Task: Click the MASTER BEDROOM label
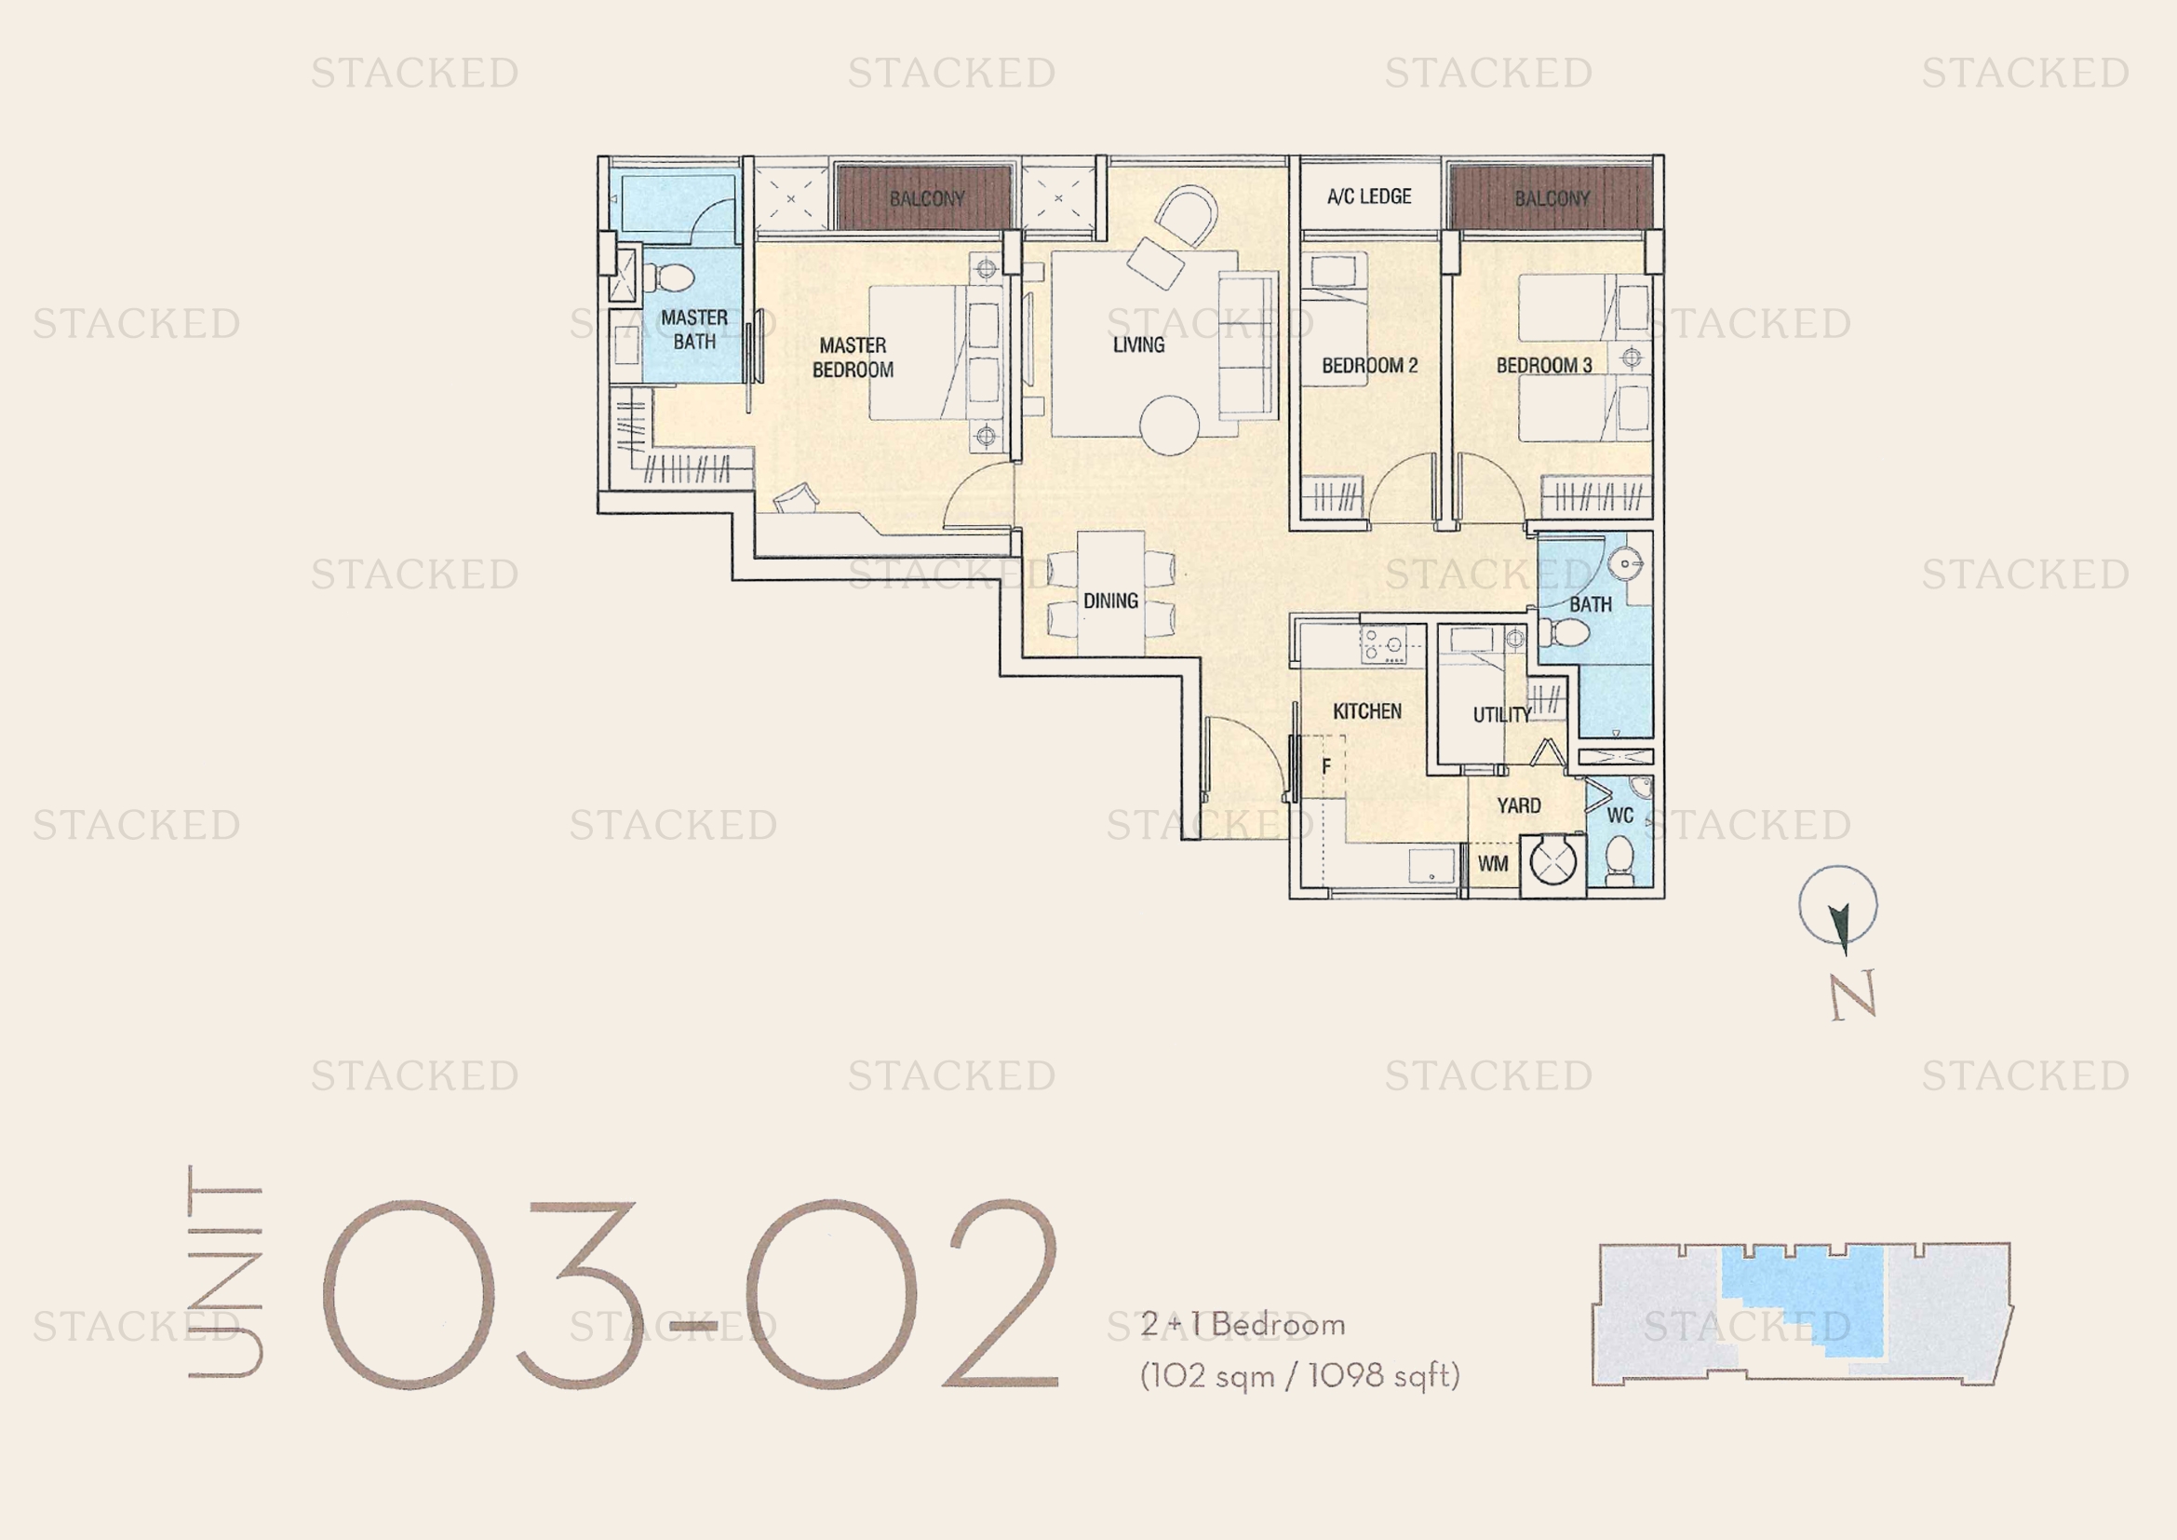[853, 358]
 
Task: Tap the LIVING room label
[1138, 344]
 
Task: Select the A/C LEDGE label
[1369, 196]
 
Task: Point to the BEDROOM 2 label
[1369, 365]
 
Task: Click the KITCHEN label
[1367, 711]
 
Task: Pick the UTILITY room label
[1502, 715]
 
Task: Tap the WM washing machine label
[1492, 864]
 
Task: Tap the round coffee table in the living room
[1169, 425]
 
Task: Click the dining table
[1110, 593]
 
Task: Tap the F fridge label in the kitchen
[1325, 766]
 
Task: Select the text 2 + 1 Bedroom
[1243, 1325]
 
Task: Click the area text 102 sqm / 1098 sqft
[1300, 1375]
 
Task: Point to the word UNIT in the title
[224, 1271]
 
